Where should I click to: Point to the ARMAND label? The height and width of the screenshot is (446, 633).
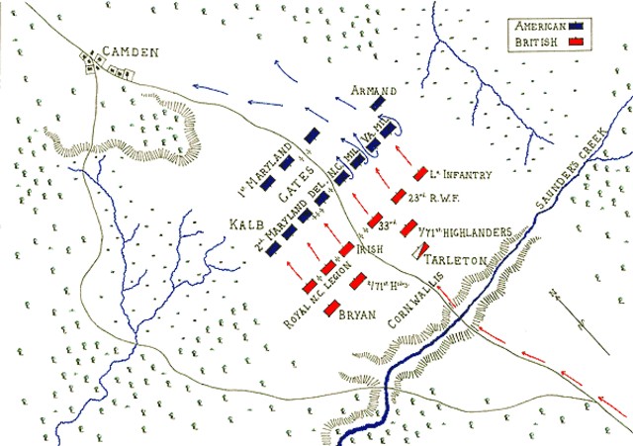[372, 91]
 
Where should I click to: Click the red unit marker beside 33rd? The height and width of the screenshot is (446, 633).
[376, 221]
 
